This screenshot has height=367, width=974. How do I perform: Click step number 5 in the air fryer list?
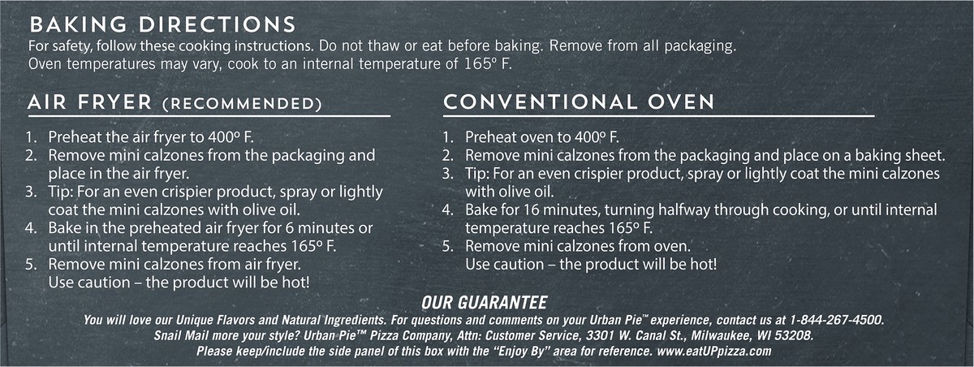pyautogui.click(x=32, y=265)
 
